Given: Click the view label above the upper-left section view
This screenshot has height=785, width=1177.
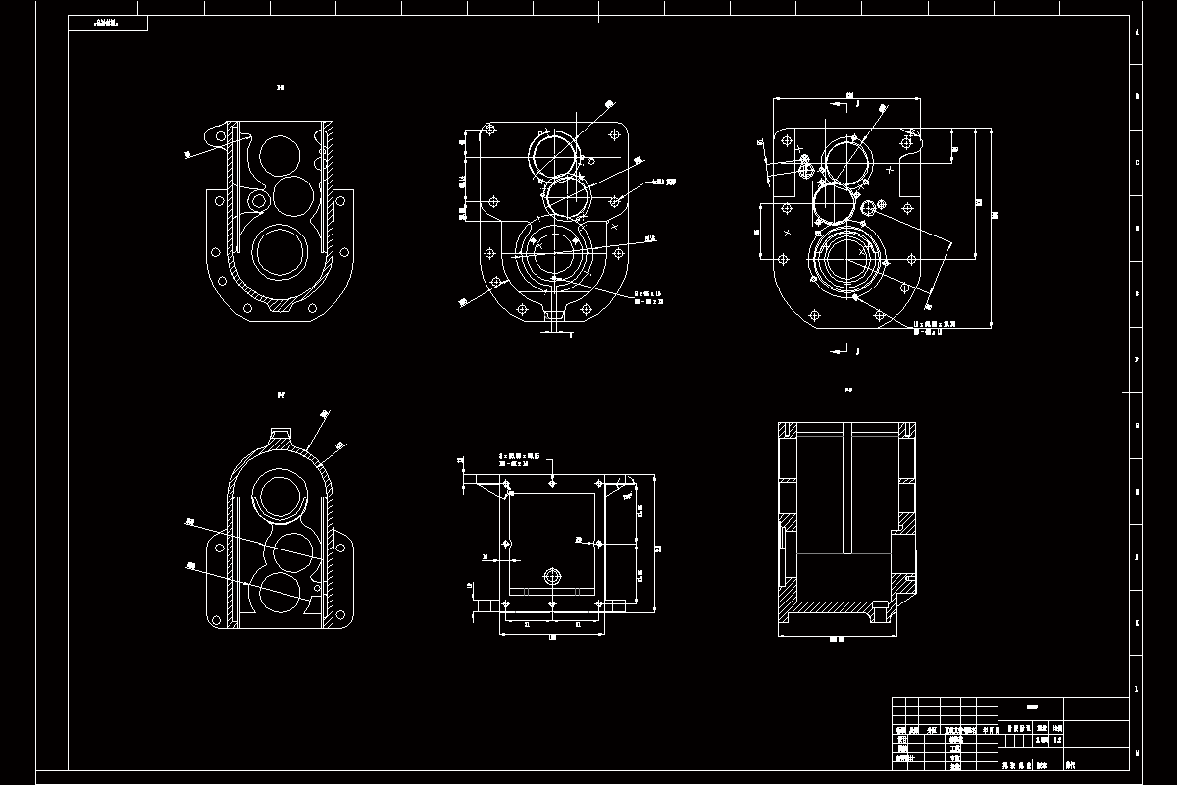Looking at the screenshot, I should [x=281, y=88].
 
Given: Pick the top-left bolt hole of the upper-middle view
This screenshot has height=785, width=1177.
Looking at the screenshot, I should [x=489, y=131].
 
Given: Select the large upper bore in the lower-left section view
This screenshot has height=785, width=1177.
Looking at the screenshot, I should [x=281, y=497].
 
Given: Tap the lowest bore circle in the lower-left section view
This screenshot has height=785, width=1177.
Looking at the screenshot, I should [x=281, y=595].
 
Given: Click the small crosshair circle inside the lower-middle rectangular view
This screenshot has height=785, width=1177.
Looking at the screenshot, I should [x=551, y=575].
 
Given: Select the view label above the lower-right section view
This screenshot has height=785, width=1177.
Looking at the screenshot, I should [x=848, y=390].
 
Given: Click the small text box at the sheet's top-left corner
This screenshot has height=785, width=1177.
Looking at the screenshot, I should [x=108, y=23].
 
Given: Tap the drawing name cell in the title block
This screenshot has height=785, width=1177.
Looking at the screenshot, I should [x=1031, y=706].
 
